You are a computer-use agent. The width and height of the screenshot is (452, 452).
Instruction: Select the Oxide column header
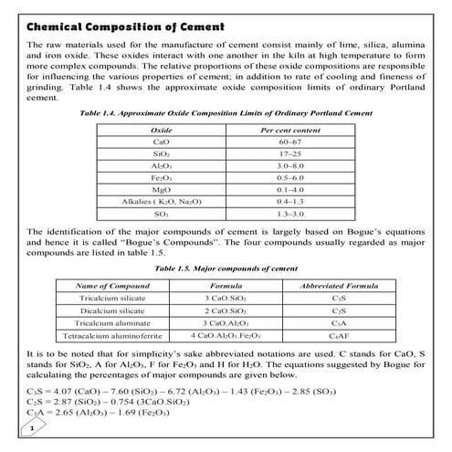click(x=161, y=131)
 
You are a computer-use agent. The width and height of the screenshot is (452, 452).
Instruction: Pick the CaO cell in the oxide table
click(x=161, y=144)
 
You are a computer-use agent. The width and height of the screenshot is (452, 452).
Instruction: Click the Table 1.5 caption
click(x=226, y=270)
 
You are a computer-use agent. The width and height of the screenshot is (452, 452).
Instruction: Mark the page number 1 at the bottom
click(x=32, y=427)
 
